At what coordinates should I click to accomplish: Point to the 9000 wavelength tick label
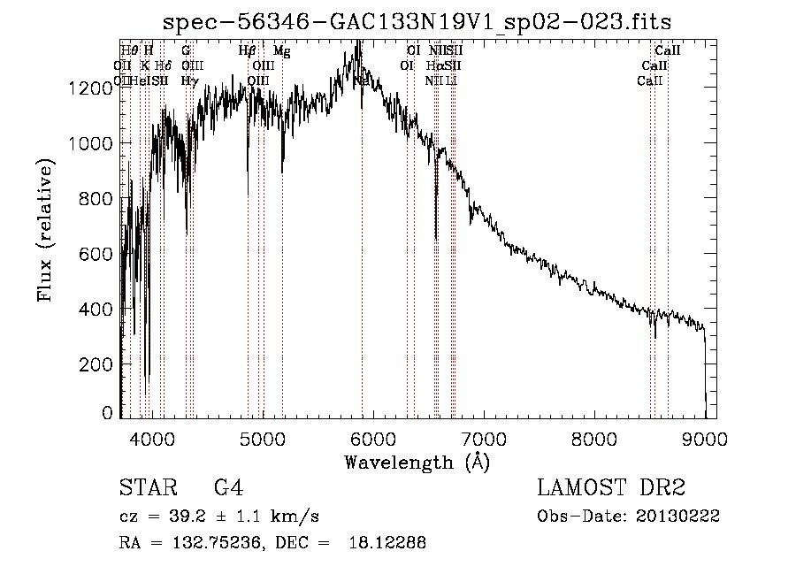click(705, 438)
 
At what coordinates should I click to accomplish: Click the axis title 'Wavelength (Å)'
click(417, 461)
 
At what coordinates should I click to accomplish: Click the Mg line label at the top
click(281, 51)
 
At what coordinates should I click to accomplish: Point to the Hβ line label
click(248, 51)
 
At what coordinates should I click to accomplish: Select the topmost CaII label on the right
click(667, 51)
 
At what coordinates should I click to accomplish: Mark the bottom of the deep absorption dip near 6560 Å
click(436, 238)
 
